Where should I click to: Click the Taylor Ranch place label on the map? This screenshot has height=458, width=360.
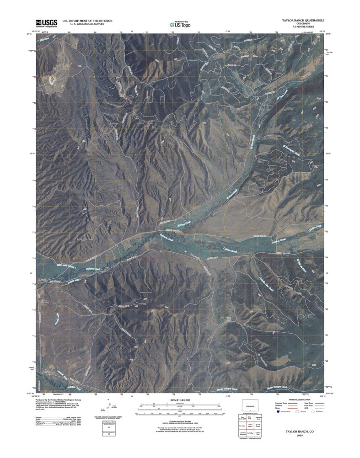point(229,319)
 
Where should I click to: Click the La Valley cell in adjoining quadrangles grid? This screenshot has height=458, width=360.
point(250,432)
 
